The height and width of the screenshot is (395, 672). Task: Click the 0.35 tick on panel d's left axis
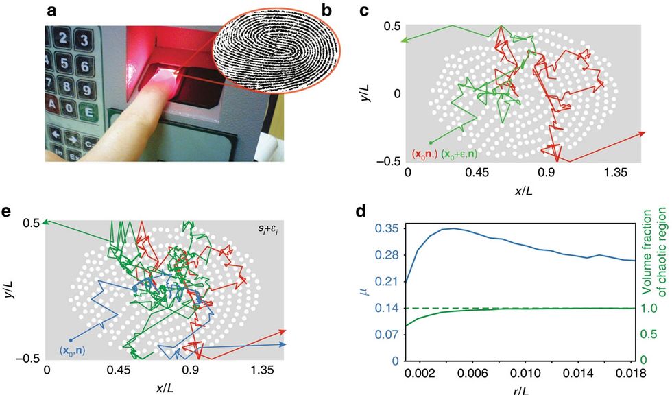[389, 228]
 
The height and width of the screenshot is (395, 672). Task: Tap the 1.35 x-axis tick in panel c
[619, 174]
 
